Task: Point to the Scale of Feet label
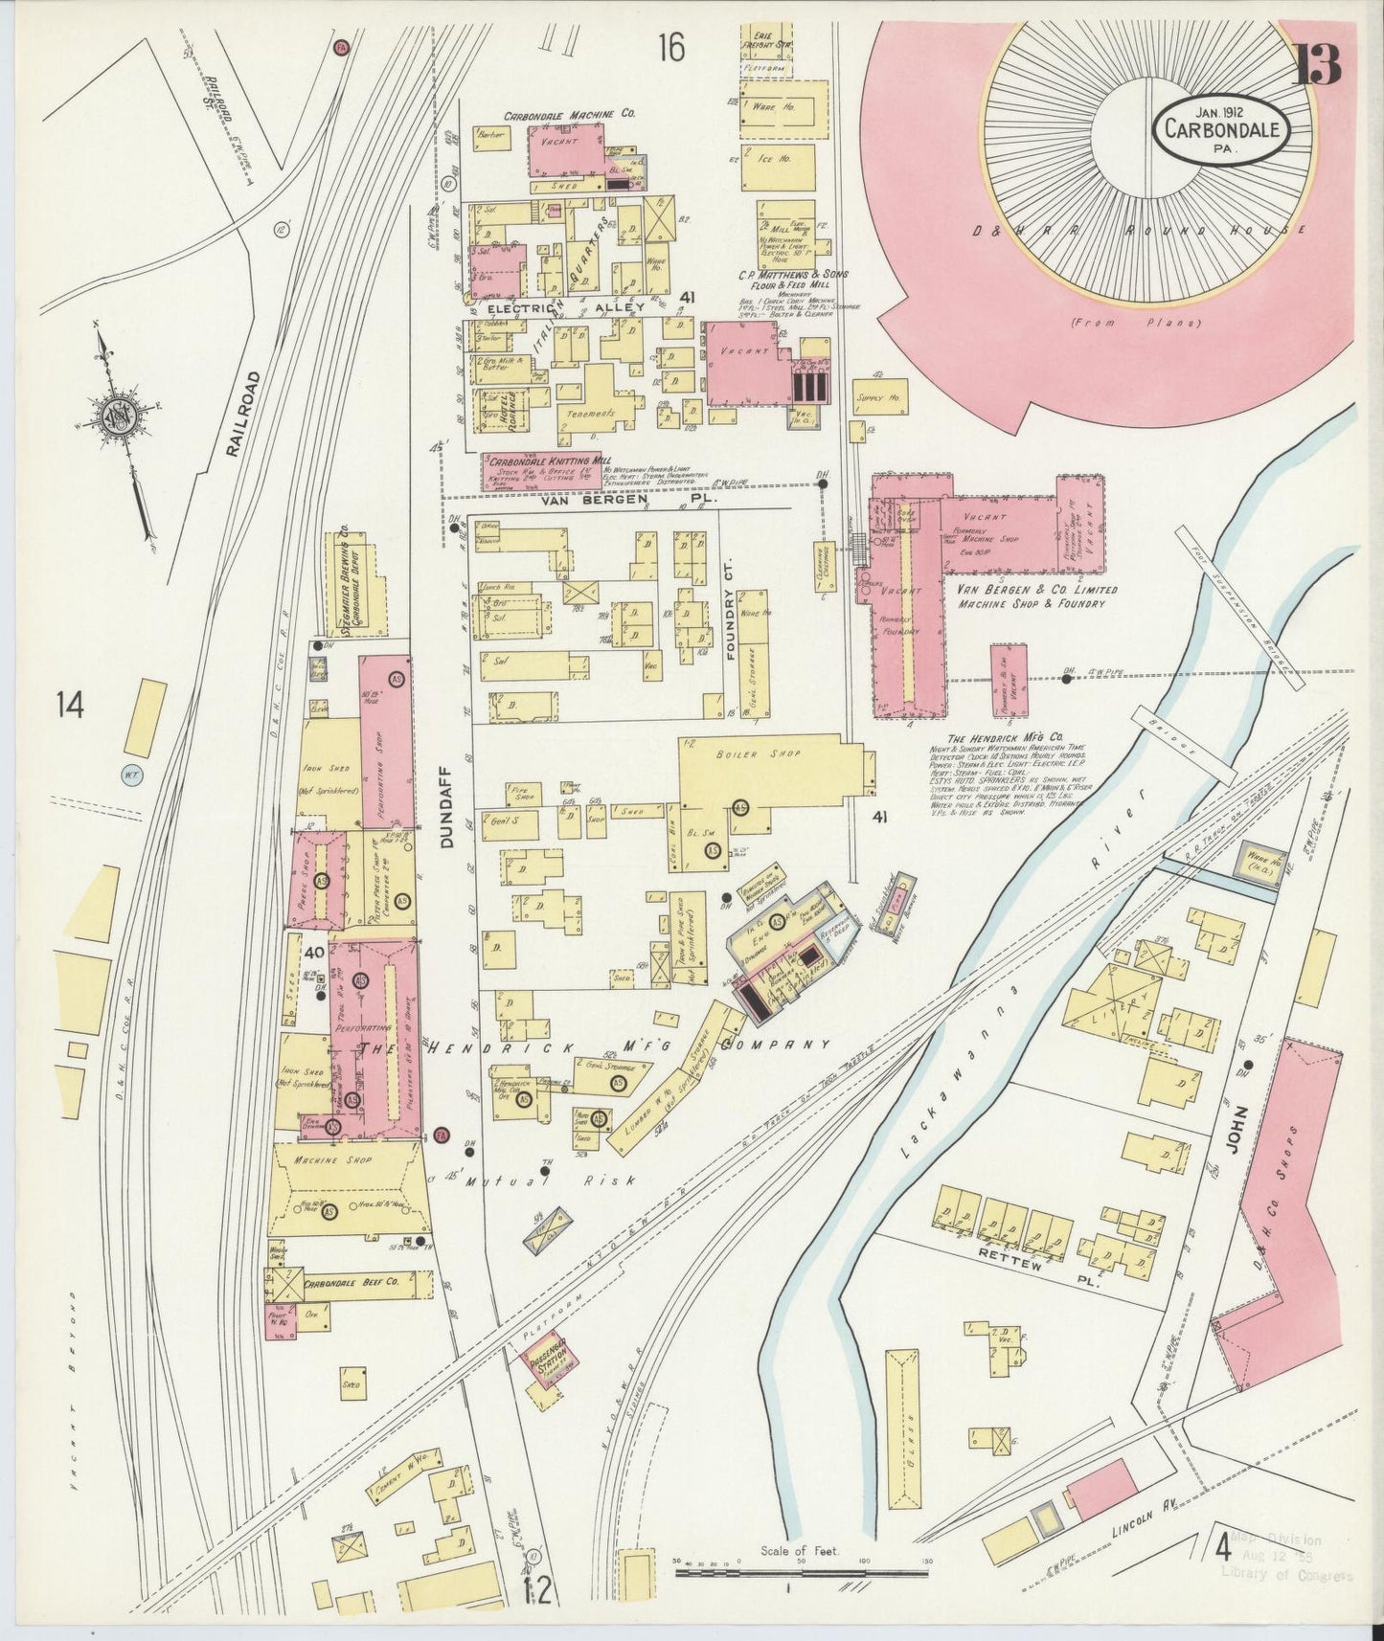pos(800,1551)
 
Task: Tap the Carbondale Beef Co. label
pos(352,1282)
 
